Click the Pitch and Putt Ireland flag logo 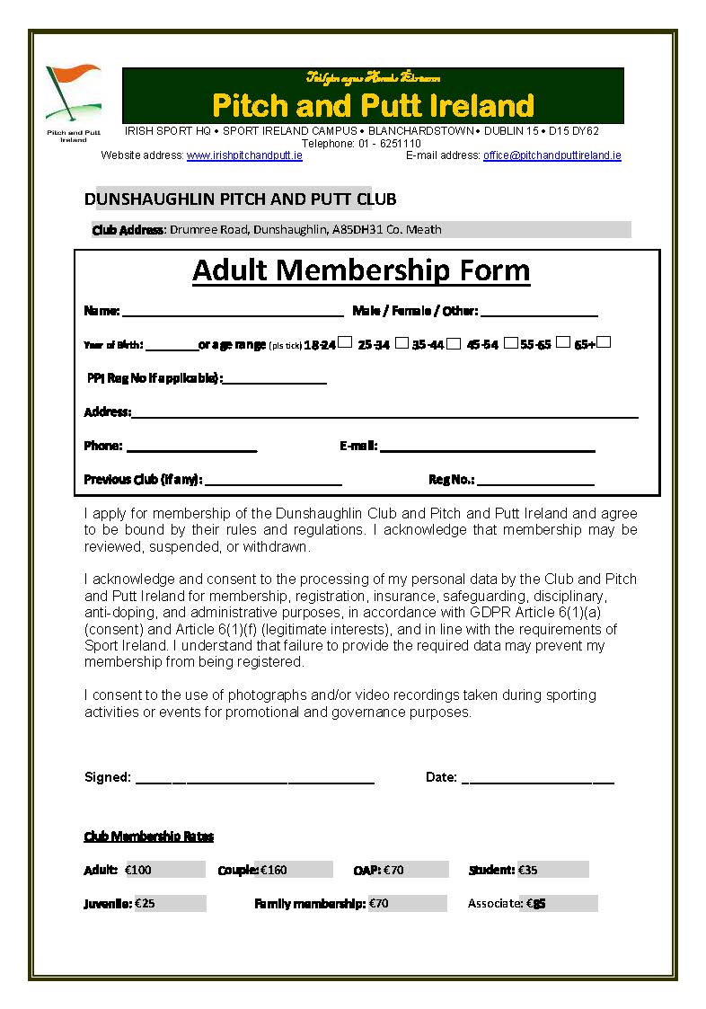coord(73,95)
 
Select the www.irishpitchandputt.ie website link coord(244,155)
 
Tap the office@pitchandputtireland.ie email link coord(552,155)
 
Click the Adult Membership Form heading coord(361,270)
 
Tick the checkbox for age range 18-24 coord(345,342)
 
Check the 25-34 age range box coord(402,342)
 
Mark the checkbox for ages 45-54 coord(510,342)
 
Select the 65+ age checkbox coord(604,342)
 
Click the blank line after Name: coord(233,313)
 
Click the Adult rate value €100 coord(138,870)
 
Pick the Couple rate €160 coord(274,870)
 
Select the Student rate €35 coord(527,870)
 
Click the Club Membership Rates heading coord(149,836)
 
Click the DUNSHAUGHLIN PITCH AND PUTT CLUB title coord(240,199)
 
